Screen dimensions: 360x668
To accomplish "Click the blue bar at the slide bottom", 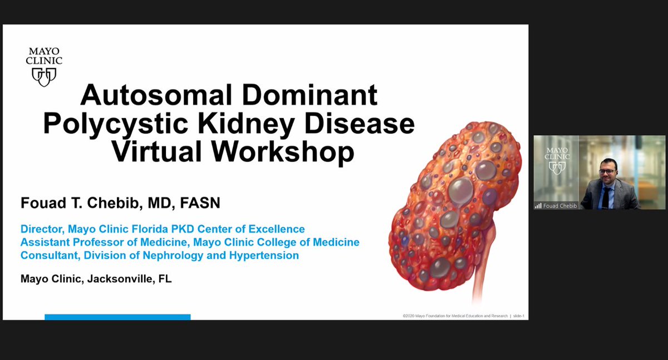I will tap(117, 317).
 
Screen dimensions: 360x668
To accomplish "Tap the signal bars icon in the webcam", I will tap(538, 205).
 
